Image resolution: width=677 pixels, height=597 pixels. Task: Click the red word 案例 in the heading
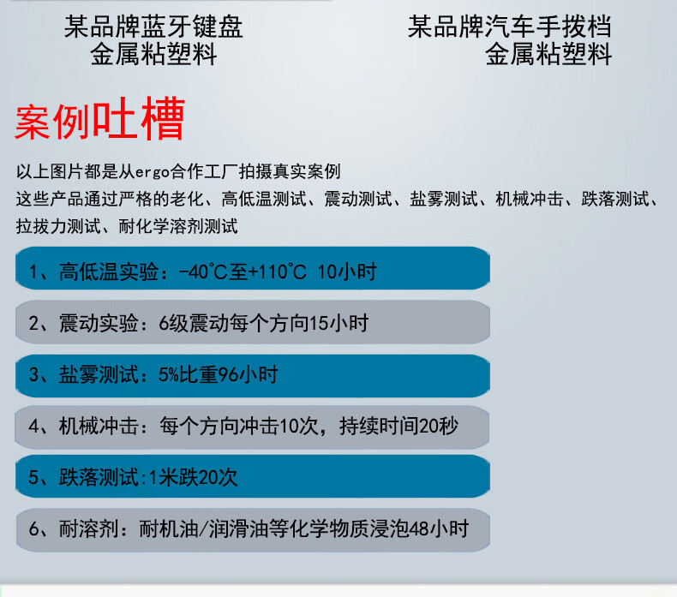[52, 122]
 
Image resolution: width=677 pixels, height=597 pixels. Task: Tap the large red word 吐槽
[139, 118]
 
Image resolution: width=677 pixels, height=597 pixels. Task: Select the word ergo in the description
[153, 172]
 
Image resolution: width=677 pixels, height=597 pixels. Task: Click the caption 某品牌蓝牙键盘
[153, 27]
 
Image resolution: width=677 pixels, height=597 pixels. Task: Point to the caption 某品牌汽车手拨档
[510, 27]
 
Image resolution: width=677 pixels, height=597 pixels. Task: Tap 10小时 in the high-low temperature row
[347, 272]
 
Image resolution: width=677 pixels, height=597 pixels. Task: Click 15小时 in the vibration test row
[339, 323]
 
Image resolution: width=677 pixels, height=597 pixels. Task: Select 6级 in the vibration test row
[174, 323]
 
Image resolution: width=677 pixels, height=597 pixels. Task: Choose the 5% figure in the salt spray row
[169, 374]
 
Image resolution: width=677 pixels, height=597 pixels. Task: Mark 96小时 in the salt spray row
[248, 374]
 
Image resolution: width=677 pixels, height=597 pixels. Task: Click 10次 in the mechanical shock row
[299, 426]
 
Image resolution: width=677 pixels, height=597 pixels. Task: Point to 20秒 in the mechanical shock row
[438, 426]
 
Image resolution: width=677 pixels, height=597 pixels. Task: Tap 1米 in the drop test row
[159, 477]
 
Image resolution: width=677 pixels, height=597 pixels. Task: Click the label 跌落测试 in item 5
[99, 477]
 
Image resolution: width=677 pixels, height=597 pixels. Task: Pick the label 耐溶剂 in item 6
[89, 528]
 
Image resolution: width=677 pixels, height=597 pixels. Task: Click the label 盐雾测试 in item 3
[99, 374]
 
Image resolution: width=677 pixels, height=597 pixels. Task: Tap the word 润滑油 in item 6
[239, 528]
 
